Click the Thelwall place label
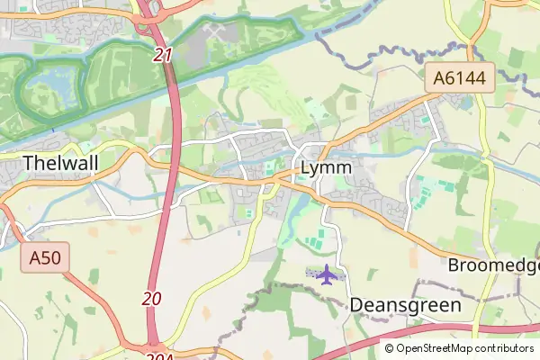tap(59, 163)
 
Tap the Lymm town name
tap(326, 168)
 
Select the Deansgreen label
tap(405, 305)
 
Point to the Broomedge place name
tap(493, 266)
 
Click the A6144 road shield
tap(461, 79)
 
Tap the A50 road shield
tap(45, 259)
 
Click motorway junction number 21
tap(163, 56)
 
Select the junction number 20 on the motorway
tap(152, 298)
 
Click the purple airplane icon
tap(325, 273)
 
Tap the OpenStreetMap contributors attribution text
tap(459, 348)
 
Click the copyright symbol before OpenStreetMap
tap(390, 348)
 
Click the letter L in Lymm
tap(306, 168)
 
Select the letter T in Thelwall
tap(28, 163)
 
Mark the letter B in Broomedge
tap(454, 266)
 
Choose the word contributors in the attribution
tap(499, 348)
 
